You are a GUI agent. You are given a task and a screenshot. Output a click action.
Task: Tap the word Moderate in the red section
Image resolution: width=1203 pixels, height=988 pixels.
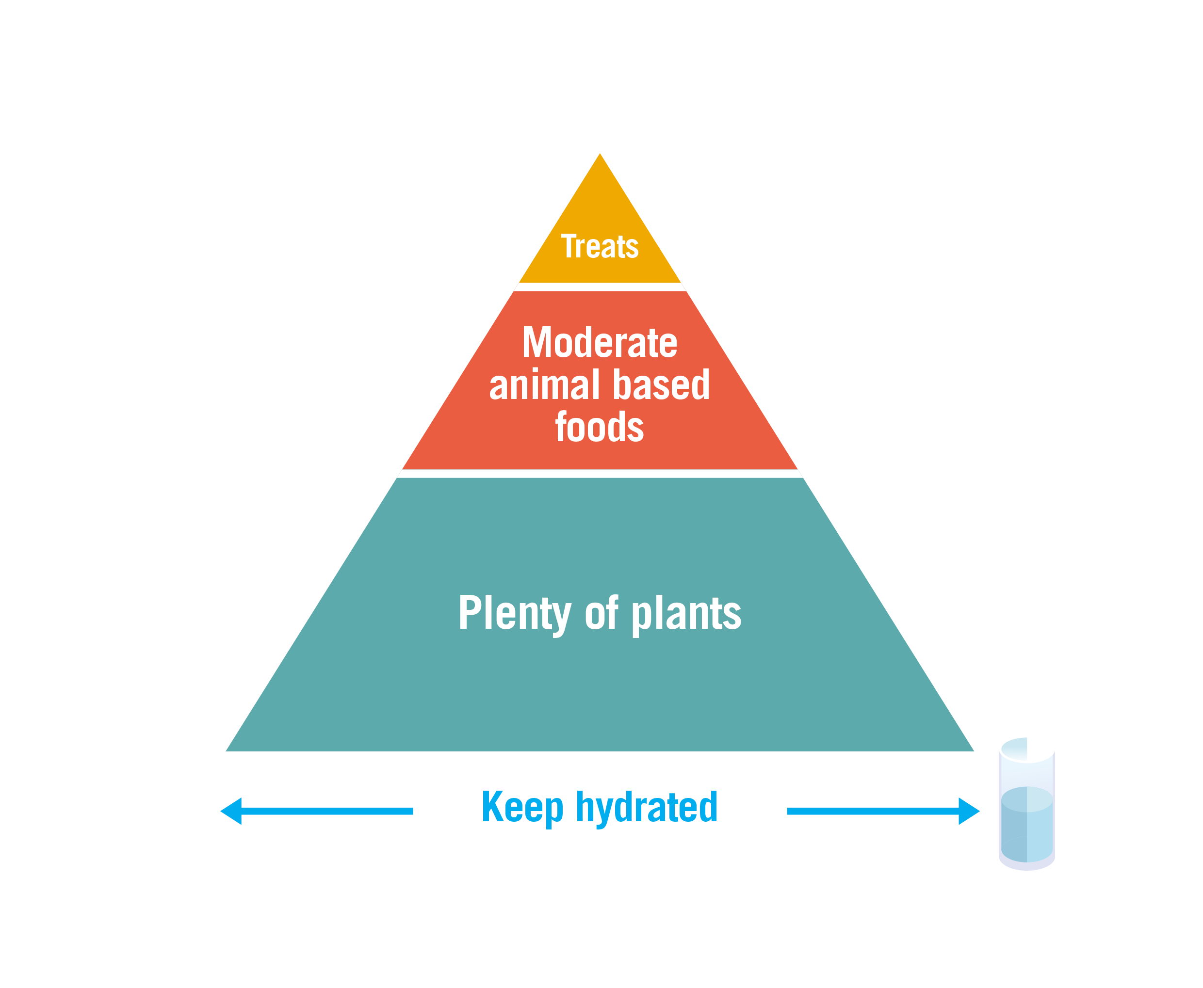tap(600, 343)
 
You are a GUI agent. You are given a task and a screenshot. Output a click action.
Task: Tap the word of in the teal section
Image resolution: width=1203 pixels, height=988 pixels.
tap(601, 612)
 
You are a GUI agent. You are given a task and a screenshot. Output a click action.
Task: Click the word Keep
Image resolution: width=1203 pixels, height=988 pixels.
tap(522, 807)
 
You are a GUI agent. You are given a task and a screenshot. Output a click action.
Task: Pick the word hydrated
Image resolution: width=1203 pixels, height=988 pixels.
tap(646, 807)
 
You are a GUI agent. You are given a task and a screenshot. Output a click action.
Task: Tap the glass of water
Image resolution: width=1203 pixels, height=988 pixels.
tap(1026, 802)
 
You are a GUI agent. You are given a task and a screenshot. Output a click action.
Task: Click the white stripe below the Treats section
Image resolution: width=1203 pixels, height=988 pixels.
tap(600, 287)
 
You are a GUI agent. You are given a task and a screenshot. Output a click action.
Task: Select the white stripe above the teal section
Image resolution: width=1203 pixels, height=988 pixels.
tap(600, 474)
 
